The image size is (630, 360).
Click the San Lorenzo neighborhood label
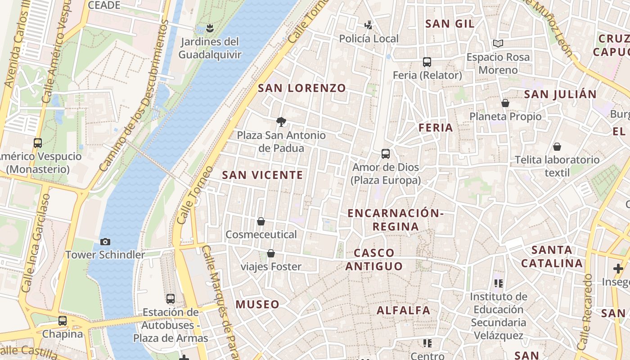[301, 88]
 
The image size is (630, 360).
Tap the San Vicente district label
[262, 175]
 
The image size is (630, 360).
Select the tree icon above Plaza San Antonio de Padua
[281, 121]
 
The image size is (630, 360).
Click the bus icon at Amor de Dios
[386, 154]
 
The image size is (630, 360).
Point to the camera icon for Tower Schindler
[105, 242]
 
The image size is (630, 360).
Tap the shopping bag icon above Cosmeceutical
[261, 221]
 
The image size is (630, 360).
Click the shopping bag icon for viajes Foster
[271, 254]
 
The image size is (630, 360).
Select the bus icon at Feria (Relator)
[427, 62]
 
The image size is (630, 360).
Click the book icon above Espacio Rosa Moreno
[498, 44]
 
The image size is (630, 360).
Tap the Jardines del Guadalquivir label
[210, 48]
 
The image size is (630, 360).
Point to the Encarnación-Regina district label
[396, 220]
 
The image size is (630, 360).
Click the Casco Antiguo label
[374, 260]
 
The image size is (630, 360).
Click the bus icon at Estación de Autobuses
[171, 299]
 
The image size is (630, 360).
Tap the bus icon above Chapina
[63, 321]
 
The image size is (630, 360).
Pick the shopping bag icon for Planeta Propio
[505, 103]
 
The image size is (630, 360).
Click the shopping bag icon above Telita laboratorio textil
[557, 147]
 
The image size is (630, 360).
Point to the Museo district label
[258, 305]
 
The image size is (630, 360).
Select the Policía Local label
[369, 39]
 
